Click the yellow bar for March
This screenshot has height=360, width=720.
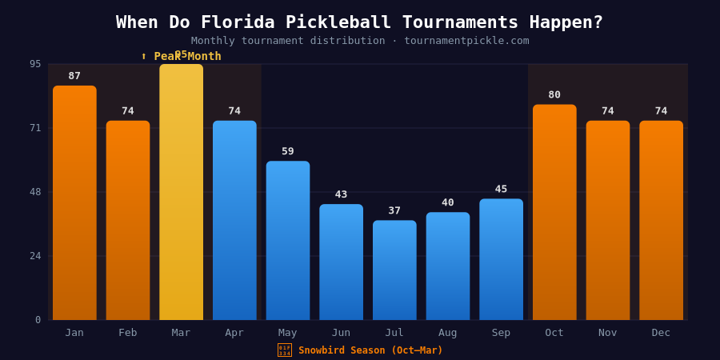tap(181, 192)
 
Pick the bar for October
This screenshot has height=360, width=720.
tap(554, 212)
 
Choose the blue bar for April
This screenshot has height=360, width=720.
tap(234, 220)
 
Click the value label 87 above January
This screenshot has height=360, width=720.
tap(74, 76)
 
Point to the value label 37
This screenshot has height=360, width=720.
tap(394, 210)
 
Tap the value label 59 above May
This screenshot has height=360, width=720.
tap(288, 151)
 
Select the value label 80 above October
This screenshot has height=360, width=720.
tap(554, 94)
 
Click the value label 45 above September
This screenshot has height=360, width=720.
tap(501, 189)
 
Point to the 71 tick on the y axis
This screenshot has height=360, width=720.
tap(35, 127)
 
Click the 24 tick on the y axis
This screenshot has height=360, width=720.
tap(35, 256)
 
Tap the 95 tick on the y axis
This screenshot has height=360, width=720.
tap(35, 64)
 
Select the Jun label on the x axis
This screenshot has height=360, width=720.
tap(341, 333)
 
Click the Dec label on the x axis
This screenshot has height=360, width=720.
tap(661, 333)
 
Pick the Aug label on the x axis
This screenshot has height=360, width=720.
tap(448, 333)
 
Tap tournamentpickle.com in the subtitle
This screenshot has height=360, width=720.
tap(466, 41)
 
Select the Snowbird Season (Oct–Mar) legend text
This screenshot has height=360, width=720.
tap(370, 350)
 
